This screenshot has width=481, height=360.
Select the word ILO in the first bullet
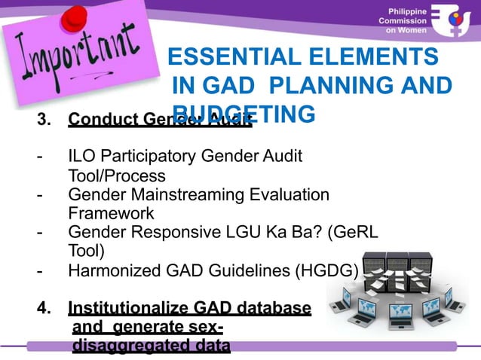tap(81, 157)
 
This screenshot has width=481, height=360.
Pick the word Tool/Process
tap(117, 176)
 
